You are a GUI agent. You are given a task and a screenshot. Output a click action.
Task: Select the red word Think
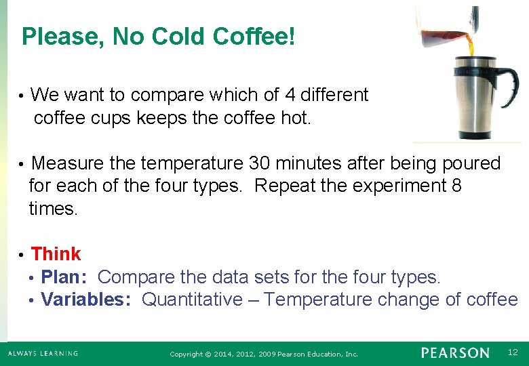tap(56, 254)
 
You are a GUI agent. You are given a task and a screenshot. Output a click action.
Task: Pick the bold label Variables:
tap(86, 300)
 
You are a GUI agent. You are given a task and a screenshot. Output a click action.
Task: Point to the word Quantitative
tap(191, 300)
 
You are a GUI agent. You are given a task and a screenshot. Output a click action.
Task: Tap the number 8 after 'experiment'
tap(456, 186)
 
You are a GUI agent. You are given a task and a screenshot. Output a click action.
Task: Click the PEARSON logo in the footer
tap(454, 352)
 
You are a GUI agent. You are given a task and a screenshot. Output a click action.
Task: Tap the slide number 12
tap(513, 352)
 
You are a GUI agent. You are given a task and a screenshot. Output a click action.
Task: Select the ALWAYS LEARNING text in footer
tap(43, 353)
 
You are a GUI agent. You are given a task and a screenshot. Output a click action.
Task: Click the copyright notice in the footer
tap(264, 354)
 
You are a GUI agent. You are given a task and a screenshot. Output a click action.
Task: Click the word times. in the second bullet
tap(54, 209)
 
